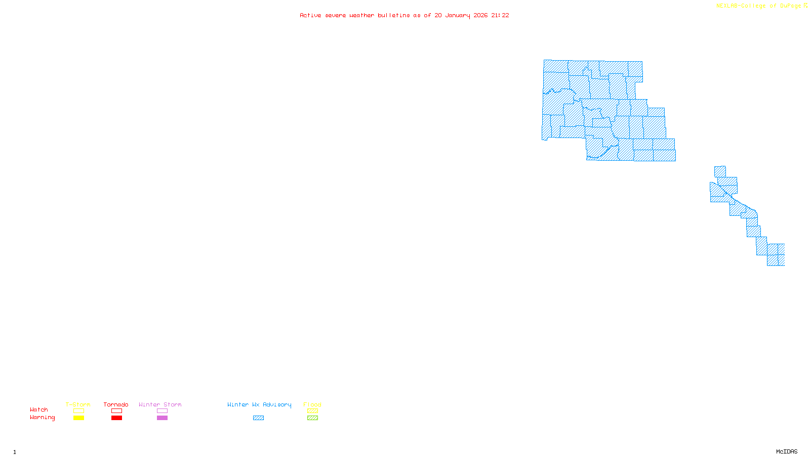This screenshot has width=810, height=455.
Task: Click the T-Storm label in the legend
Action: (x=78, y=404)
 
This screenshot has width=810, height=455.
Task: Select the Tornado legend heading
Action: (x=116, y=404)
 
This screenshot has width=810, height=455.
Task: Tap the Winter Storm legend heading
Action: (x=160, y=404)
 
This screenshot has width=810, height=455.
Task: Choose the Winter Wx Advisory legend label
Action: (x=259, y=404)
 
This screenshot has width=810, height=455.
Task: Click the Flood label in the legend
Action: (x=312, y=404)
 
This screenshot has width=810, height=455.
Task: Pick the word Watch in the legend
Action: (x=39, y=409)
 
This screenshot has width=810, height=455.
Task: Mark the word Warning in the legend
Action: (x=43, y=418)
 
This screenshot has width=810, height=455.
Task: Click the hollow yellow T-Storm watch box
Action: (x=78, y=411)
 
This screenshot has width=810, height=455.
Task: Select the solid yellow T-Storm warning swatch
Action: (x=78, y=418)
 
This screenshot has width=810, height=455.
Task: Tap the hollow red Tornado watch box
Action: (x=116, y=411)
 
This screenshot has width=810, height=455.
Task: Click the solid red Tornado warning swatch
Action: (x=116, y=418)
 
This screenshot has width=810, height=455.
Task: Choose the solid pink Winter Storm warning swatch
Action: (x=162, y=418)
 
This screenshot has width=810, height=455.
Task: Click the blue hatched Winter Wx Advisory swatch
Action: (x=258, y=418)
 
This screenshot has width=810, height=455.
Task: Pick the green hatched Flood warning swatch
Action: (x=312, y=418)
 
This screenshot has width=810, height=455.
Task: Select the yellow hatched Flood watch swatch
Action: (x=312, y=411)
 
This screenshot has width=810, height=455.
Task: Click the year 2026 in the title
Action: (x=481, y=15)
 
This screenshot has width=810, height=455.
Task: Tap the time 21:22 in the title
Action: (x=500, y=15)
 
